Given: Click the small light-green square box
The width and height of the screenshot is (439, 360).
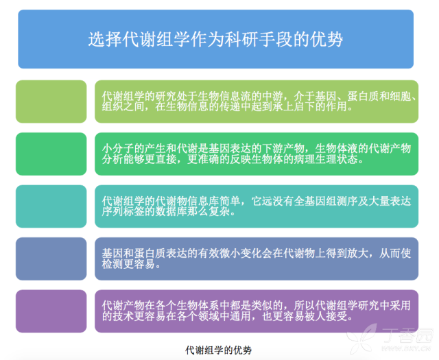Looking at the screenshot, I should (51, 101).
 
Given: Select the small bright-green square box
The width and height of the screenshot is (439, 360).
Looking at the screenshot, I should (51, 154).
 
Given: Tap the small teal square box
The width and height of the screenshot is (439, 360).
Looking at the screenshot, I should (51, 206).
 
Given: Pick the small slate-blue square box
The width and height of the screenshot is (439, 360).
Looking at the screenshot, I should (51, 259).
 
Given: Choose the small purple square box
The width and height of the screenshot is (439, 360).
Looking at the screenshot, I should (51, 311).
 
